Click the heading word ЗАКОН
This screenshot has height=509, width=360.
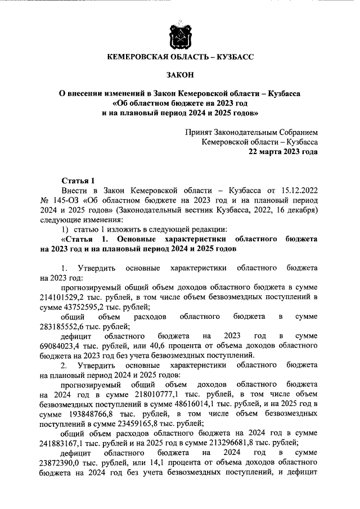180,74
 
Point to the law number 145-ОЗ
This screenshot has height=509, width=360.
66,200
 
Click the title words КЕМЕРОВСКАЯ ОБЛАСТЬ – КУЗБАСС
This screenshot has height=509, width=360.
180,57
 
